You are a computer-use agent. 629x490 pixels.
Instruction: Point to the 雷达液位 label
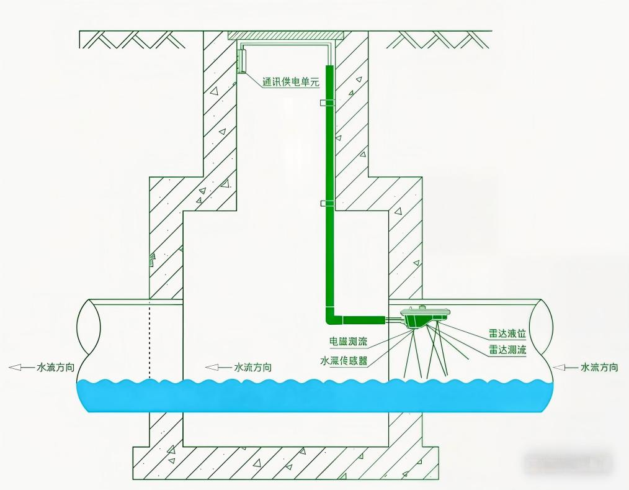[x=507, y=334]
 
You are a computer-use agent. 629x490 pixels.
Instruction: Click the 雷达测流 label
[x=507, y=350]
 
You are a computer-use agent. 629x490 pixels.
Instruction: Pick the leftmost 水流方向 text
[x=56, y=368]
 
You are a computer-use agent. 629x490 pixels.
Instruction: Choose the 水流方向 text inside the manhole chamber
[x=252, y=368]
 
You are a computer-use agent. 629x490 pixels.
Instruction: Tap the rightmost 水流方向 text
[x=599, y=368]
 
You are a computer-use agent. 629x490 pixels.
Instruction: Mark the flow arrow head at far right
[x=558, y=368]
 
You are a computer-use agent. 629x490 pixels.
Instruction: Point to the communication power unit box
[x=241, y=60]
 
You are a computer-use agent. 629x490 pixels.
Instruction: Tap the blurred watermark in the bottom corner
[x=568, y=462]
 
